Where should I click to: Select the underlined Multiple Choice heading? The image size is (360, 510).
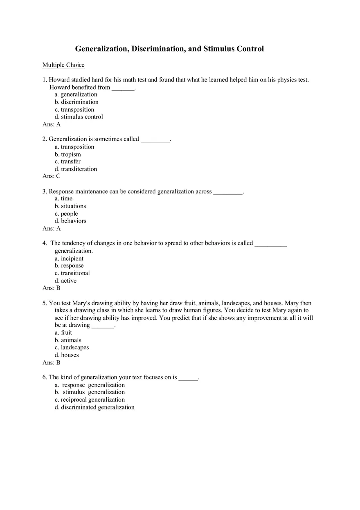coord(63,65)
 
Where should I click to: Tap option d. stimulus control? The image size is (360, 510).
coord(79,117)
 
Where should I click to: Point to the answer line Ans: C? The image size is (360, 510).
coord(52,176)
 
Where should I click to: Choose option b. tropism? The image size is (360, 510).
coord(68,155)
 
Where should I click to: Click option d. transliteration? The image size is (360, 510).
coord(76,169)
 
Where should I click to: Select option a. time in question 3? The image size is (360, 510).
coord(63,199)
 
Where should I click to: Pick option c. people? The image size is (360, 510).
coord(66,214)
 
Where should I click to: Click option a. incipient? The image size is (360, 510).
coord(69,258)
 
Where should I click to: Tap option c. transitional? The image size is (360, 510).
coord(72,273)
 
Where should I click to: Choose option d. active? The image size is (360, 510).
coord(66,281)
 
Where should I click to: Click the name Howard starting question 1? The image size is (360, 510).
coord(59,80)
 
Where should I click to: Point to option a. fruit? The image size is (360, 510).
coord(63,333)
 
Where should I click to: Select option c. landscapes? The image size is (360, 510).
coord(72,348)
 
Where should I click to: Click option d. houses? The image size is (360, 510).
coord(67,355)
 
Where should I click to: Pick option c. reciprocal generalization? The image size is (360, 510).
coord(90,400)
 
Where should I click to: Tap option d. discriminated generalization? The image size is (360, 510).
coord(94,407)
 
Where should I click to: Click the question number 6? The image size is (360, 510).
coord(44,377)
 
